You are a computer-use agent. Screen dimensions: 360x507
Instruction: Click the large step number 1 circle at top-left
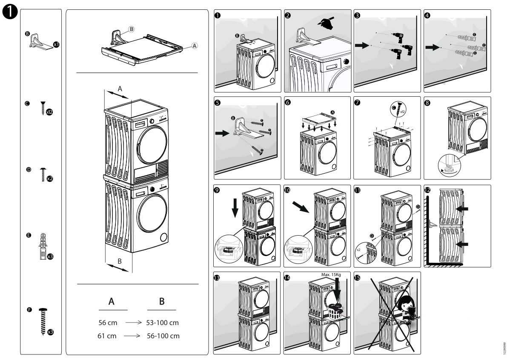pos(10,13)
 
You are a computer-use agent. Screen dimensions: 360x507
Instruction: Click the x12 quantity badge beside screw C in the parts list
pos(49,112)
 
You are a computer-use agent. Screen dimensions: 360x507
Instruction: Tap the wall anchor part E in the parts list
pos(43,245)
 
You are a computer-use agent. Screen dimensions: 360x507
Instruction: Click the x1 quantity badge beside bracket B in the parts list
pos(56,44)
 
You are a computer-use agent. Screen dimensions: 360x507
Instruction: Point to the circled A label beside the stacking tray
pos(194,45)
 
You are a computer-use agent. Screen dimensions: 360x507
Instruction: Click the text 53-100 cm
pos(162,323)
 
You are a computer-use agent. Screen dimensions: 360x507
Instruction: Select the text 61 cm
pos(107,336)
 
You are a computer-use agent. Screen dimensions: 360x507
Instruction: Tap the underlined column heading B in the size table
pos(162,302)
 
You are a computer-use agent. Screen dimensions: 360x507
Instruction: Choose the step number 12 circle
pos(427,190)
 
